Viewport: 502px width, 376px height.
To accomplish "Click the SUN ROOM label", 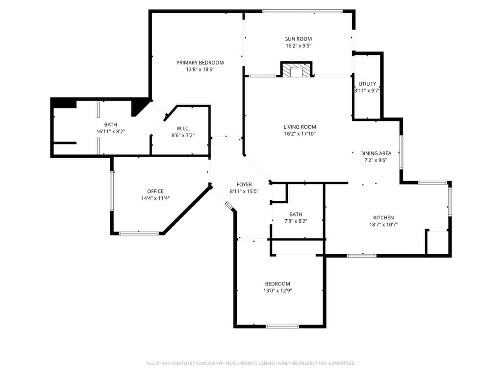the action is [x=299, y=39].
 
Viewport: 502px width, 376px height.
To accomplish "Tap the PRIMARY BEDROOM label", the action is [x=200, y=62].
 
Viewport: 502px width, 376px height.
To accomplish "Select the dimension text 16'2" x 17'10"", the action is [x=300, y=134].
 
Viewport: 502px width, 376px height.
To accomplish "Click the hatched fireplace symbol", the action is [x=296, y=70].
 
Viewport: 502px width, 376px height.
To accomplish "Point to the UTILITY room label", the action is [x=367, y=84].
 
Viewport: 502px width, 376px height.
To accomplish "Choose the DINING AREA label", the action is [x=376, y=153].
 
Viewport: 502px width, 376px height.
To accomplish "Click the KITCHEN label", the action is [x=383, y=217].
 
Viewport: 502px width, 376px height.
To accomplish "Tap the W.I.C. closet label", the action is [x=183, y=129].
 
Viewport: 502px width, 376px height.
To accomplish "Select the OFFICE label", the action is [x=155, y=191].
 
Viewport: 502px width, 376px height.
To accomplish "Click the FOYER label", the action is [x=244, y=185].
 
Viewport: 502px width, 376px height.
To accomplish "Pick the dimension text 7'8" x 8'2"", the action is [x=296, y=221].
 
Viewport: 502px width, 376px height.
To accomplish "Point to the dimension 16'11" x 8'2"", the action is [x=111, y=131].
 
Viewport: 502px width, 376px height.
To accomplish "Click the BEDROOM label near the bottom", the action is [x=277, y=283].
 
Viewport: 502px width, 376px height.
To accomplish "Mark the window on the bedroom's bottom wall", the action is [x=282, y=327].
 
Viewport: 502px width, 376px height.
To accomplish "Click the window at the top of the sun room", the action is [x=302, y=11].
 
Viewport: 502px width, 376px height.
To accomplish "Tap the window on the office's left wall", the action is [x=112, y=190].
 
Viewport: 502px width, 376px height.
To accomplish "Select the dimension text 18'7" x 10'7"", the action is [x=383, y=224].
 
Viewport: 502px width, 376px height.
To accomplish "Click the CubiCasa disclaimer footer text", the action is [x=251, y=363].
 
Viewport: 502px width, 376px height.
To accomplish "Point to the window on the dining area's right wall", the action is [x=401, y=152].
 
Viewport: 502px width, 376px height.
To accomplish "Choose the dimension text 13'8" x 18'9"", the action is [x=200, y=70].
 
